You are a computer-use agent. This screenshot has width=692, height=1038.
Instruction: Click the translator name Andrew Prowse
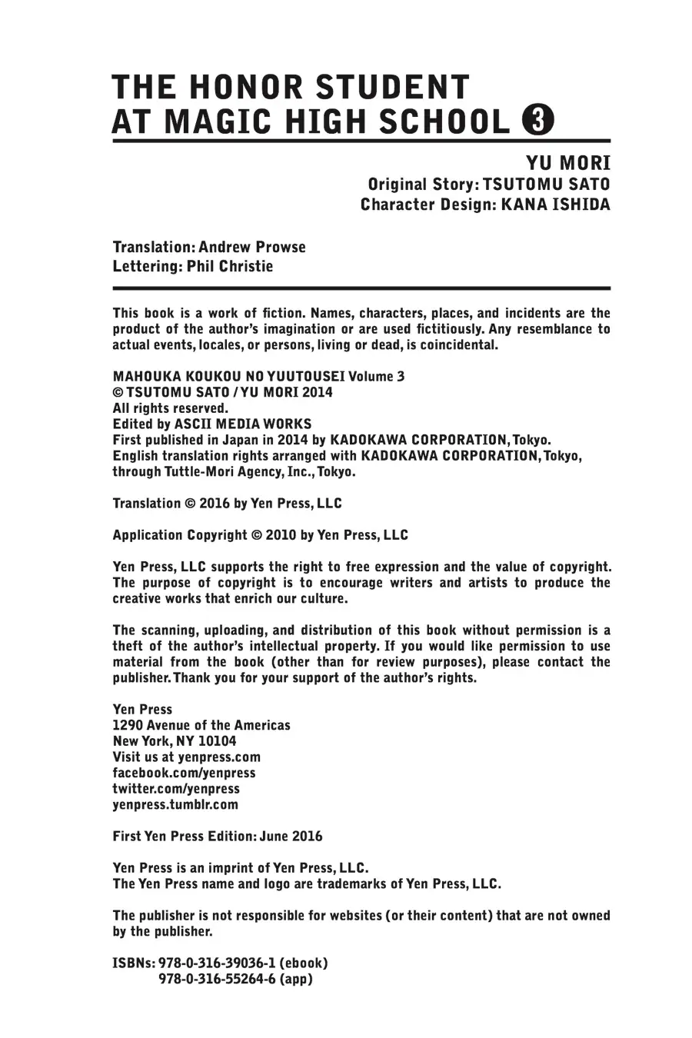(251, 248)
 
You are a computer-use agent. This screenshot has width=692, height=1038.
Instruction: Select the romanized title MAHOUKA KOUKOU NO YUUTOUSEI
(229, 377)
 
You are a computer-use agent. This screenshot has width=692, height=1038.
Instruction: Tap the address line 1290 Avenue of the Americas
(201, 725)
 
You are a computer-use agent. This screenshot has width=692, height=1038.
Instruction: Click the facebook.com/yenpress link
(184, 773)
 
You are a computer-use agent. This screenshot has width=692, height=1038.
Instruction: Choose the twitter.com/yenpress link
(176, 789)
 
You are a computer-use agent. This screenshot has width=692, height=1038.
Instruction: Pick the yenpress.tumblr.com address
(175, 805)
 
